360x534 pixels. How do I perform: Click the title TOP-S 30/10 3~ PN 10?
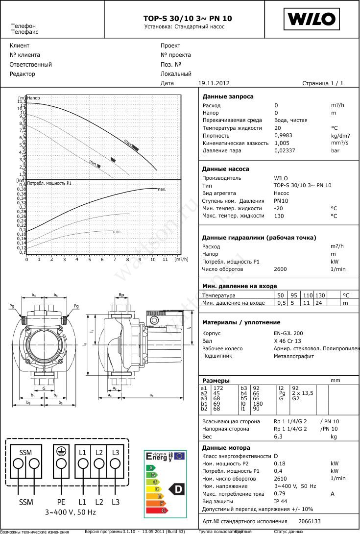coord(188,18)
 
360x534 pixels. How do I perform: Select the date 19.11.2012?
coord(214,83)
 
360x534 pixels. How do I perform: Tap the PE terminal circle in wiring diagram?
coord(61,463)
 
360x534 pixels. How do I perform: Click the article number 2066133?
coord(309,521)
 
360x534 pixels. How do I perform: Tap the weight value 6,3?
coord(278,436)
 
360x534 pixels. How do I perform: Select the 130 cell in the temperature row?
coord(319,295)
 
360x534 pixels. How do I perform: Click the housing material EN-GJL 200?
coord(288,333)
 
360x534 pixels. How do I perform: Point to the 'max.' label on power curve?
coord(162,189)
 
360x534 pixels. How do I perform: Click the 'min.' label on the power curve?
coord(117,231)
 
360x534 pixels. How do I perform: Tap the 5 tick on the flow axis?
coord(90,259)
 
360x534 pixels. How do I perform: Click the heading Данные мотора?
coord(226,448)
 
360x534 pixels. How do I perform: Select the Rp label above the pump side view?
coord(121,295)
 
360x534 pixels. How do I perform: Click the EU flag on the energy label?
coord(179,456)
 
